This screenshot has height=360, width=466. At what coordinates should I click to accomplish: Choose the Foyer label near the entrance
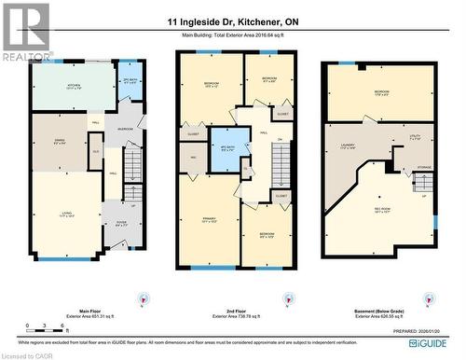(122, 222)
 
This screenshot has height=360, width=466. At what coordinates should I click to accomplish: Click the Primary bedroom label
(209, 220)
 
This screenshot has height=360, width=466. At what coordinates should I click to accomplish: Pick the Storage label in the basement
(424, 169)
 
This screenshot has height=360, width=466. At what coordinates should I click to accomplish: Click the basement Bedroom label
(381, 92)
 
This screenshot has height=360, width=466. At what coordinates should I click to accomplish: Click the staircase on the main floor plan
(134, 173)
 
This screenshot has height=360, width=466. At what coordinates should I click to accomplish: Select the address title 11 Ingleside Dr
(232, 21)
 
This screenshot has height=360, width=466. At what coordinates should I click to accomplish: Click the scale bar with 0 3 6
(44, 330)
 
